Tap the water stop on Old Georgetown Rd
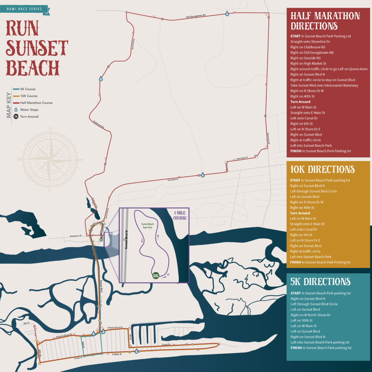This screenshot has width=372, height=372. coord(227,13)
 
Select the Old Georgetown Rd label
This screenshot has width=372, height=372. coord(196,16)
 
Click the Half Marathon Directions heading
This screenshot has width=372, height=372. coord(325,21)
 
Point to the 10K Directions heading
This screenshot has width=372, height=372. coord(322,169)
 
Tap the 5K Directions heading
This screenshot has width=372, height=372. coord(320,282)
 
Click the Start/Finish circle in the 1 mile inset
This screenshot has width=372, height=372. coord(155,275)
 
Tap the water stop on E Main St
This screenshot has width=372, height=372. coord(136,351)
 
